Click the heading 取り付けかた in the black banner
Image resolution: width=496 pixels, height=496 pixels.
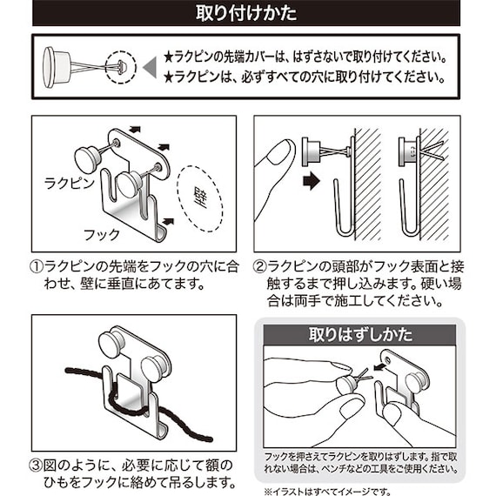(247, 15)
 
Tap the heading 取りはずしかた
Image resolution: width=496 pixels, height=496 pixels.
(360, 333)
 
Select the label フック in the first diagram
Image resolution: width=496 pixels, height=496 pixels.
(102, 234)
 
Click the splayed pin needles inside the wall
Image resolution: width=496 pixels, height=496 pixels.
(433, 150)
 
